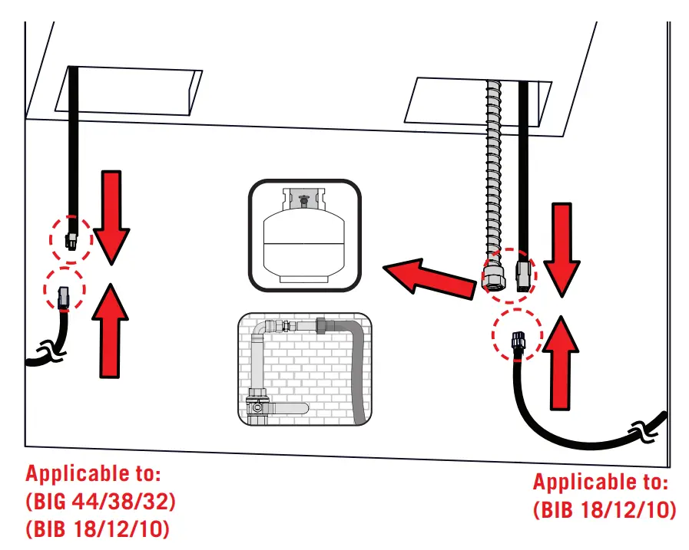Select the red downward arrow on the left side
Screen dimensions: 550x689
point(112,215)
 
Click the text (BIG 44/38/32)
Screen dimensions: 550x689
point(101,502)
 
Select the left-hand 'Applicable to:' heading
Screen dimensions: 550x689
point(95,473)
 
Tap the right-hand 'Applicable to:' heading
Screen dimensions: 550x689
point(601,482)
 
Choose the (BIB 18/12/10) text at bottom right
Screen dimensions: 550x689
point(604,509)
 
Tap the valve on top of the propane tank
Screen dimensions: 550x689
point(303,201)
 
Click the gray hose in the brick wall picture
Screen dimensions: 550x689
point(357,368)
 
